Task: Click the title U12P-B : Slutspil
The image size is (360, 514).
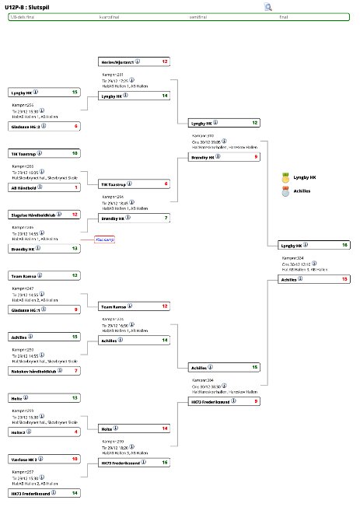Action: (29, 6)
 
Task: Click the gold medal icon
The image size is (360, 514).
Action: (285, 177)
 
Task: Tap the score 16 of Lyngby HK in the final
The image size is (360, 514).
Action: (344, 245)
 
